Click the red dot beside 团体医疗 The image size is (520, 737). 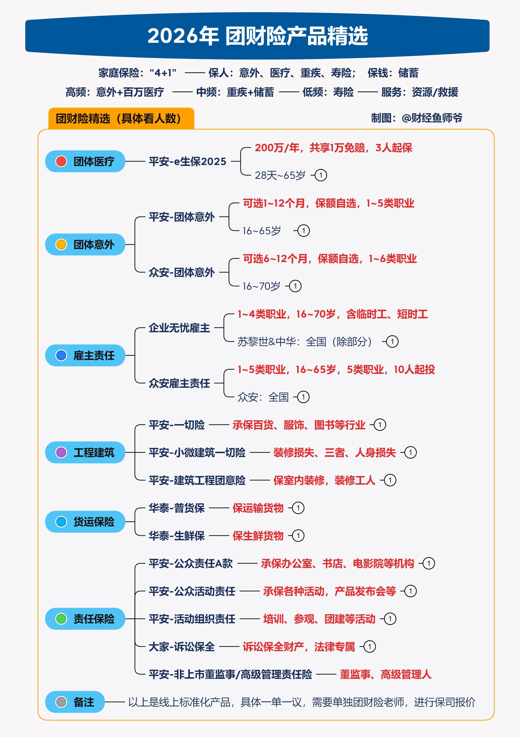[x=61, y=161]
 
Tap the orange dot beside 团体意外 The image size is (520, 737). [x=61, y=244]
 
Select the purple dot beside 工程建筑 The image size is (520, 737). [x=61, y=452]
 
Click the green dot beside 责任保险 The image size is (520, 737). [x=61, y=619]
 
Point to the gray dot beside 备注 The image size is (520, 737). [x=61, y=702]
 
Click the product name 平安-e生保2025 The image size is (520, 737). [x=188, y=161]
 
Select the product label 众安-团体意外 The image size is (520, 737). [x=182, y=272]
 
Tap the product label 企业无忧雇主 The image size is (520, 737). [x=179, y=328]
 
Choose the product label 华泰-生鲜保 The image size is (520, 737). [x=177, y=535]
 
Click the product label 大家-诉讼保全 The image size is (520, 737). [x=182, y=647]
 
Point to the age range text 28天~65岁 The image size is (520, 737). [x=280, y=175]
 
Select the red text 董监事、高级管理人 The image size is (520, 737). [x=386, y=674]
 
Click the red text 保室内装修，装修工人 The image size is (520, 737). [x=324, y=480]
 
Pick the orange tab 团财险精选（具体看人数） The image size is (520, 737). [x=121, y=118]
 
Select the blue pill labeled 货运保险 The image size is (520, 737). [x=85, y=522]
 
